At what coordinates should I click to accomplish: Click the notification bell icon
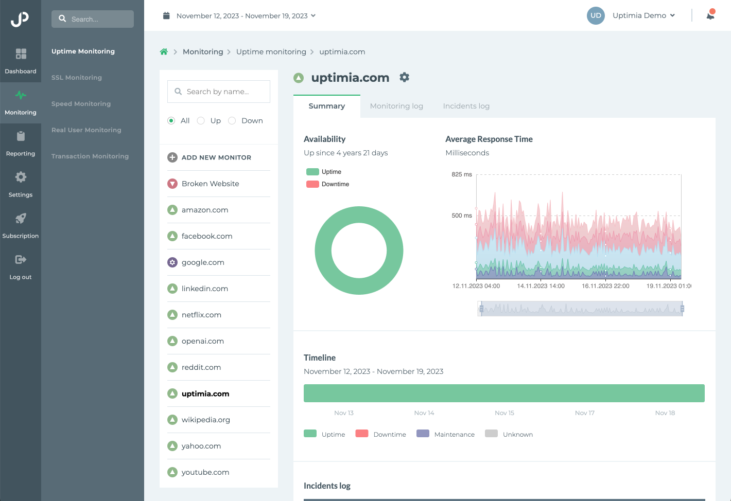710,15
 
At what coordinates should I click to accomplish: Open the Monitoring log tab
396,106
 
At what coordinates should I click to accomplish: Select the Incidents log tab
466,106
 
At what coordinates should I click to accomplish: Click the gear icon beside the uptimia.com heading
405,77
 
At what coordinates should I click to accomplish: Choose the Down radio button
232,120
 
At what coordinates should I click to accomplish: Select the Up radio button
201,120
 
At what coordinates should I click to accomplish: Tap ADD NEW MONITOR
216,157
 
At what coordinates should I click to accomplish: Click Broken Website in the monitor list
210,184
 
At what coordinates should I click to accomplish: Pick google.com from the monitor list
203,262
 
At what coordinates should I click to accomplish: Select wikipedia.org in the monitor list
205,420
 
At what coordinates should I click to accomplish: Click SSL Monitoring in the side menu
77,78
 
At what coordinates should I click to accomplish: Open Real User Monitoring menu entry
86,130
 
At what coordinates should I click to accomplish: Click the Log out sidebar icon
21,260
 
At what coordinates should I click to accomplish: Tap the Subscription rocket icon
21,219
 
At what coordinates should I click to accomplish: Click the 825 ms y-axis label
461,174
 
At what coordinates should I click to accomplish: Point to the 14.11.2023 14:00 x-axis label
541,286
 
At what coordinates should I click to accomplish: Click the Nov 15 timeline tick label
504,413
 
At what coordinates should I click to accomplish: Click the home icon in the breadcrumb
164,52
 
